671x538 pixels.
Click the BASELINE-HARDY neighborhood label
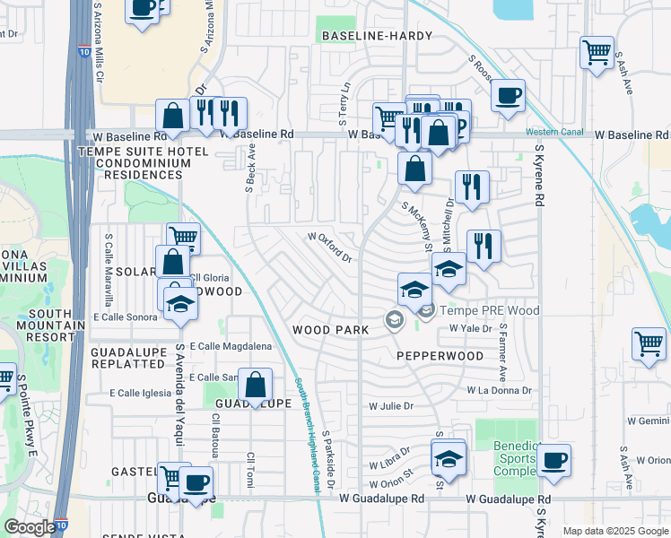pyautogui.click(x=376, y=36)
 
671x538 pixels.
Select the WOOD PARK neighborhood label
pyautogui.click(x=331, y=330)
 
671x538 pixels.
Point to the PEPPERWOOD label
pyautogui.click(x=440, y=356)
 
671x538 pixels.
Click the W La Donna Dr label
pyautogui.click(x=499, y=390)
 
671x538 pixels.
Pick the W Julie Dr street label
pyautogui.click(x=391, y=406)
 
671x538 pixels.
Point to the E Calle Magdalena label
pyautogui.click(x=228, y=346)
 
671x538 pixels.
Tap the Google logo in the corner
pyautogui.click(x=30, y=527)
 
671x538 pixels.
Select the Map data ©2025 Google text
pyautogui.click(x=614, y=531)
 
